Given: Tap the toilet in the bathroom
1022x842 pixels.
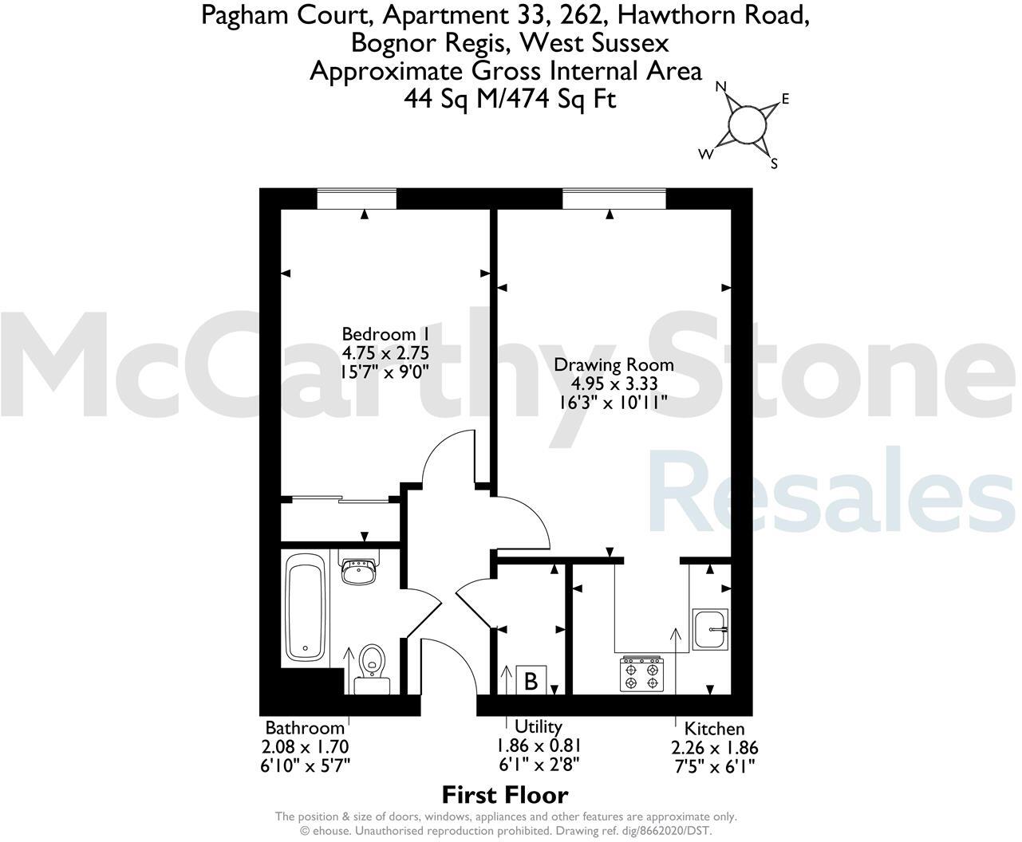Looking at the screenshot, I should coord(372,665).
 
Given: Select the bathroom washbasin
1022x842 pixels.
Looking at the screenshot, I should coord(359,571).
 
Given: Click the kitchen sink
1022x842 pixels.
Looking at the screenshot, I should coord(710,628).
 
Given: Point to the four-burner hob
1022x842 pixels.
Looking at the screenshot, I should coord(642,672).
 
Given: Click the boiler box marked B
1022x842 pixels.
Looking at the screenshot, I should coord(531,681).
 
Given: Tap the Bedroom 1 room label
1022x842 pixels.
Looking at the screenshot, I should coord(379,334).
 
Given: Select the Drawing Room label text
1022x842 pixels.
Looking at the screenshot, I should coord(614,365).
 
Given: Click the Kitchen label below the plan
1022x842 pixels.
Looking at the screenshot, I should coord(714,728).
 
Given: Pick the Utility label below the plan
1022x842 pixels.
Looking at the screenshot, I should coord(539,726).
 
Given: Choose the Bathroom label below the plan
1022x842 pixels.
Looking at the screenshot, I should coord(305,727).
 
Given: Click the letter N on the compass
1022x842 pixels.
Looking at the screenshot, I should coord(721,87).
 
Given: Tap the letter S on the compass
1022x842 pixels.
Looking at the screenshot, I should coord(773,164).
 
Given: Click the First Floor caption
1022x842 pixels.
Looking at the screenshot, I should coord(504,795).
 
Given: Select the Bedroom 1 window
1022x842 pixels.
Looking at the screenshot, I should coord(357,199).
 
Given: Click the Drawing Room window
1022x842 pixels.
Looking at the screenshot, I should coord(614,199).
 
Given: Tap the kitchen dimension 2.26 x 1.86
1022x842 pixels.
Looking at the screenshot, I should coord(715,748).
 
